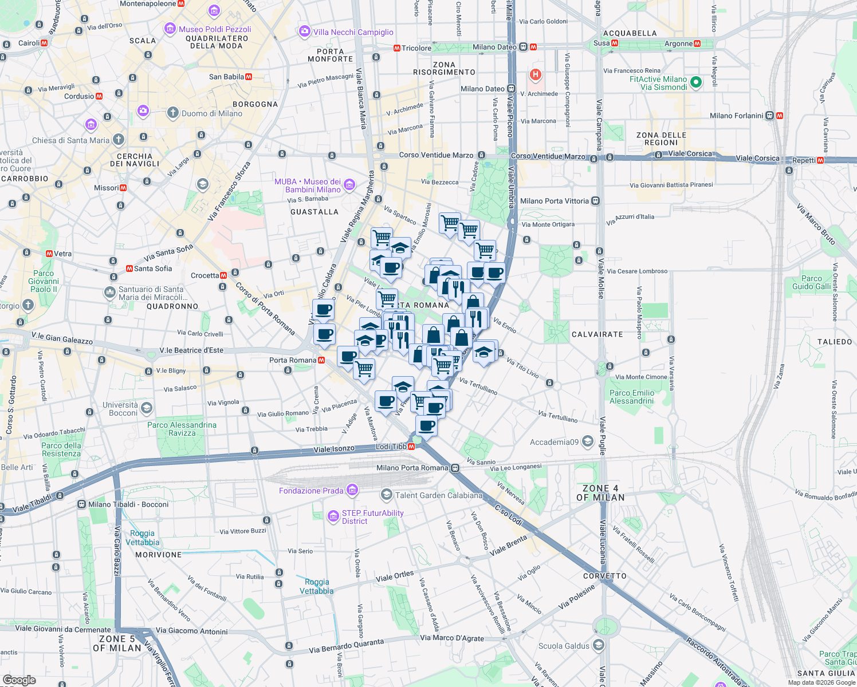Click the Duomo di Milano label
(x=211, y=113)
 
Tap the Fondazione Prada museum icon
(x=352, y=490)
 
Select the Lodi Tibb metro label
(x=391, y=447)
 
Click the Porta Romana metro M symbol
(x=321, y=360)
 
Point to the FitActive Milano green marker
(x=696, y=82)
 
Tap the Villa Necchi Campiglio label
(x=353, y=32)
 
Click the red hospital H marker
(x=536, y=74)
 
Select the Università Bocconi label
(x=120, y=409)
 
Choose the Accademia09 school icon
(x=587, y=441)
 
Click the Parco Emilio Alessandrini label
(x=632, y=397)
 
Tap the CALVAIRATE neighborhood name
(x=597, y=334)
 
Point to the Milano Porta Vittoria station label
(x=554, y=201)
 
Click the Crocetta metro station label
(x=205, y=275)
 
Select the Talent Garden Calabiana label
(x=439, y=495)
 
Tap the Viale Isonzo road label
(x=334, y=449)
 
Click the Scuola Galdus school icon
(x=598, y=645)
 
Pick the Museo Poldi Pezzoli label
(x=215, y=29)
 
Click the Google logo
(x=19, y=680)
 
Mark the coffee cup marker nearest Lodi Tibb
(x=426, y=425)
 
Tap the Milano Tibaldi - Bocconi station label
(x=128, y=504)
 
